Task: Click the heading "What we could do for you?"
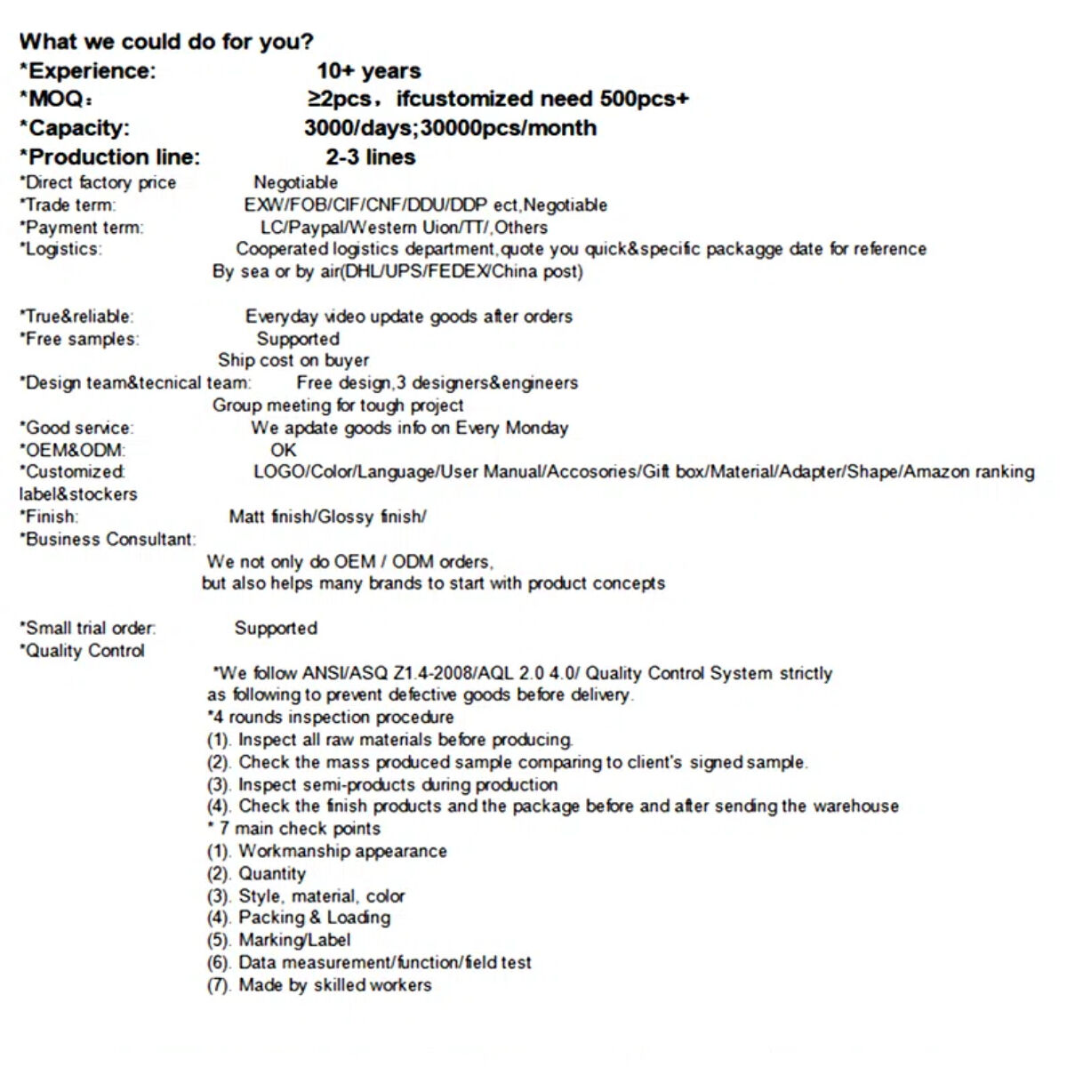166,42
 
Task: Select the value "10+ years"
368,71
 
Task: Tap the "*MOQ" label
54,99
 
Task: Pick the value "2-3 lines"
370,157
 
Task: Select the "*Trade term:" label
68,205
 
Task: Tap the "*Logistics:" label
60,250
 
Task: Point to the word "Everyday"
281,317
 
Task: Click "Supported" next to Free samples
298,339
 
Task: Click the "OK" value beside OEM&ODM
283,450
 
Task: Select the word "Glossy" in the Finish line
346,517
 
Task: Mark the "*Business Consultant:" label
108,540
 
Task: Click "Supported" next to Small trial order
276,629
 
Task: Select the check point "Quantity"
271,874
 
